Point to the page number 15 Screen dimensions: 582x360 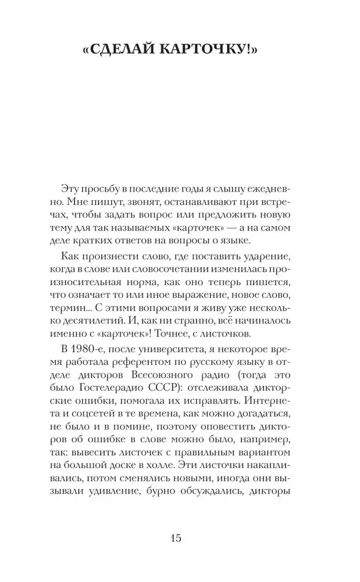(x=176, y=538)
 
